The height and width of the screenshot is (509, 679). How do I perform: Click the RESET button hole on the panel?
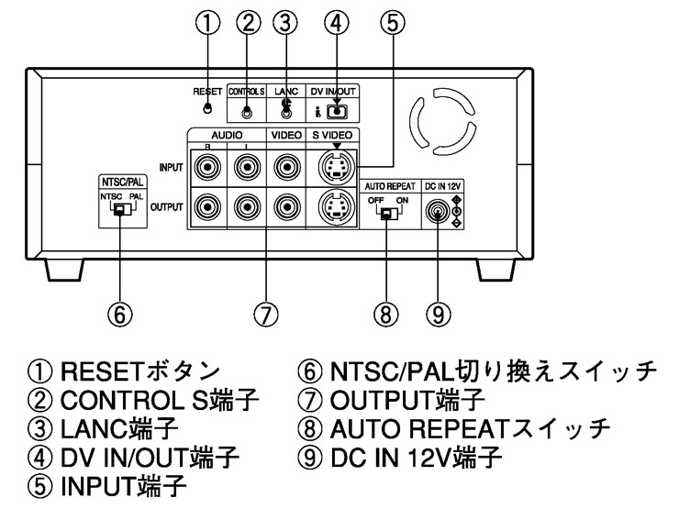[x=209, y=108]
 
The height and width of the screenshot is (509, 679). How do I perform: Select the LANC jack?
[x=286, y=112]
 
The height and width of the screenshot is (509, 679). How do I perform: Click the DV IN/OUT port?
[x=337, y=112]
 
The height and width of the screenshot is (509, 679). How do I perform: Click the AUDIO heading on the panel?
[x=222, y=135]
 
